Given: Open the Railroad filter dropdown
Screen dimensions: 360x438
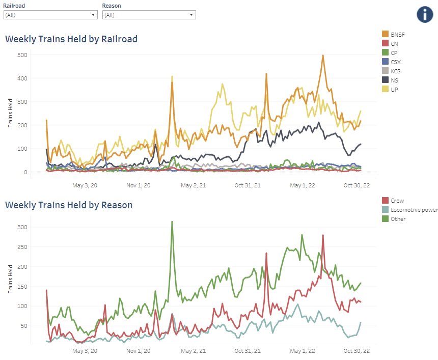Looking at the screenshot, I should click(50, 15).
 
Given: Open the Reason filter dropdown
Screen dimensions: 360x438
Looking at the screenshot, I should click(149, 15).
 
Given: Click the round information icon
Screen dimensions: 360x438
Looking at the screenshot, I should click(424, 14).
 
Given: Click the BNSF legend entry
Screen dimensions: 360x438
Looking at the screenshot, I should click(397, 34).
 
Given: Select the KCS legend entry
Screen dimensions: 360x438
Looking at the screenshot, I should click(396, 71).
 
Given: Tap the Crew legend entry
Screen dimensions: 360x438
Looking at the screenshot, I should click(397, 201).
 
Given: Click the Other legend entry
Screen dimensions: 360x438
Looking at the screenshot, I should click(398, 219).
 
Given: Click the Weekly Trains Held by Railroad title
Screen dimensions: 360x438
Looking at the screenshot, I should click(71, 39).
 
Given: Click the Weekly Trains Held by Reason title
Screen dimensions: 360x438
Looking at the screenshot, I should click(69, 205).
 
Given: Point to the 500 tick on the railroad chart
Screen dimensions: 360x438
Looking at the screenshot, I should click(22, 54).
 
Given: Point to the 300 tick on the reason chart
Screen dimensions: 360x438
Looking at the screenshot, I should click(22, 227).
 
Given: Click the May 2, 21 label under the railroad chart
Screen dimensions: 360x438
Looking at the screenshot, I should click(193, 185).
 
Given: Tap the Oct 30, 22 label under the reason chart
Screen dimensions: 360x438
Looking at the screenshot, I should click(356, 351).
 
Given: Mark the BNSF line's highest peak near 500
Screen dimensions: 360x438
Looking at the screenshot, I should click(323, 56).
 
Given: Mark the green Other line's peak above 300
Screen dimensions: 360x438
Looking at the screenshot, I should click(172, 221).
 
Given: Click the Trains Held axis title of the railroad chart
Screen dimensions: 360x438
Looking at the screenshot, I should click(11, 114).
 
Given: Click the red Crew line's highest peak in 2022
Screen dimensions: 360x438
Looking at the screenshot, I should click(323, 235).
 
